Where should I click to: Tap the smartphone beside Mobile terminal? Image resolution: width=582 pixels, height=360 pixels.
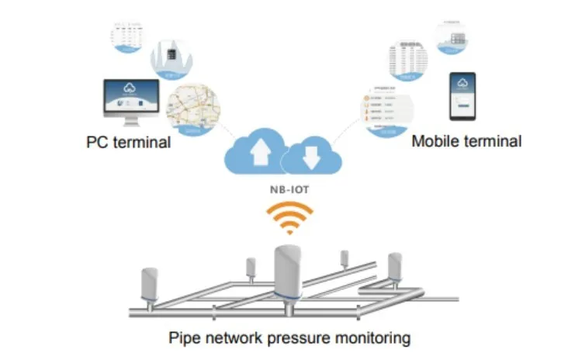click(463, 96)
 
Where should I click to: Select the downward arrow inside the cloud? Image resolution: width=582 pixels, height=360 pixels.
click(310, 157)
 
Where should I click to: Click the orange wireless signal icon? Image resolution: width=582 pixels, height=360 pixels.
click(289, 219)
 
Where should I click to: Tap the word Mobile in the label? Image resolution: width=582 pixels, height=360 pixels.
click(432, 141)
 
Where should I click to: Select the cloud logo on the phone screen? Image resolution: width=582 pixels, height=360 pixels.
click(463, 84)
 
